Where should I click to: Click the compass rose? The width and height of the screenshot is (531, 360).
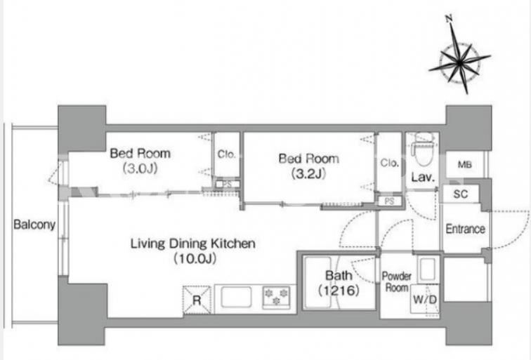[459, 62]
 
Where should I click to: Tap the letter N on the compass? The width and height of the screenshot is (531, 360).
[450, 19]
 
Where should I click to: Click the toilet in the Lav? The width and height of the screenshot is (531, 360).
[423, 149]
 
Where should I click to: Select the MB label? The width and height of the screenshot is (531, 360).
[465, 165]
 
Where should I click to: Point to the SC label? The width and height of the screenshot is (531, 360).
[460, 194]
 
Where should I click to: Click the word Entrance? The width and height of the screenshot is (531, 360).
[465, 229]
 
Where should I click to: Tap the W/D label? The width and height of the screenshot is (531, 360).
[425, 300]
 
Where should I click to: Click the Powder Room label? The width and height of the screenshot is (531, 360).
[397, 282]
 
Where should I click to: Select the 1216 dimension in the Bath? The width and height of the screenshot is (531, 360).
[339, 291]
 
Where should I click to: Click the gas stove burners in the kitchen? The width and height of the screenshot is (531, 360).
[277, 297]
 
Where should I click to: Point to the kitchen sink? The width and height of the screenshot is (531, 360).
[237, 297]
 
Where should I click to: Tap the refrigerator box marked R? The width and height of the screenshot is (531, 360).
[197, 300]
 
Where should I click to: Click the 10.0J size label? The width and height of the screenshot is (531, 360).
[195, 259]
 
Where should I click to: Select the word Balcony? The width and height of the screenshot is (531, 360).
[34, 225]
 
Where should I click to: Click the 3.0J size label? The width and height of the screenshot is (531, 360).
[140, 168]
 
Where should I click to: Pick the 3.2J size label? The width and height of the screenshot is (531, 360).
[308, 173]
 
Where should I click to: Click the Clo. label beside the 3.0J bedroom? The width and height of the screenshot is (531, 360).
[227, 154]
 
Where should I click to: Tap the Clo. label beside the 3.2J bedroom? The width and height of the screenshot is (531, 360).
[389, 163]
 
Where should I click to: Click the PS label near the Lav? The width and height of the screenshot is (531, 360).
[389, 201]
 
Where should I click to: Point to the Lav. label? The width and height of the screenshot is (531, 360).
[423, 177]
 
